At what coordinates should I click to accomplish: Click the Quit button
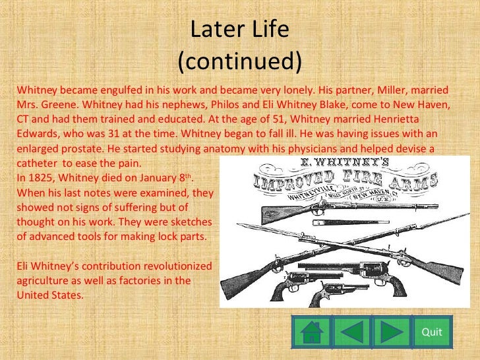tap(431, 332)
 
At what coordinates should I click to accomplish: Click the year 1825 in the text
tap(42, 178)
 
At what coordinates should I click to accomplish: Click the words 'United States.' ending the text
tap(51, 295)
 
